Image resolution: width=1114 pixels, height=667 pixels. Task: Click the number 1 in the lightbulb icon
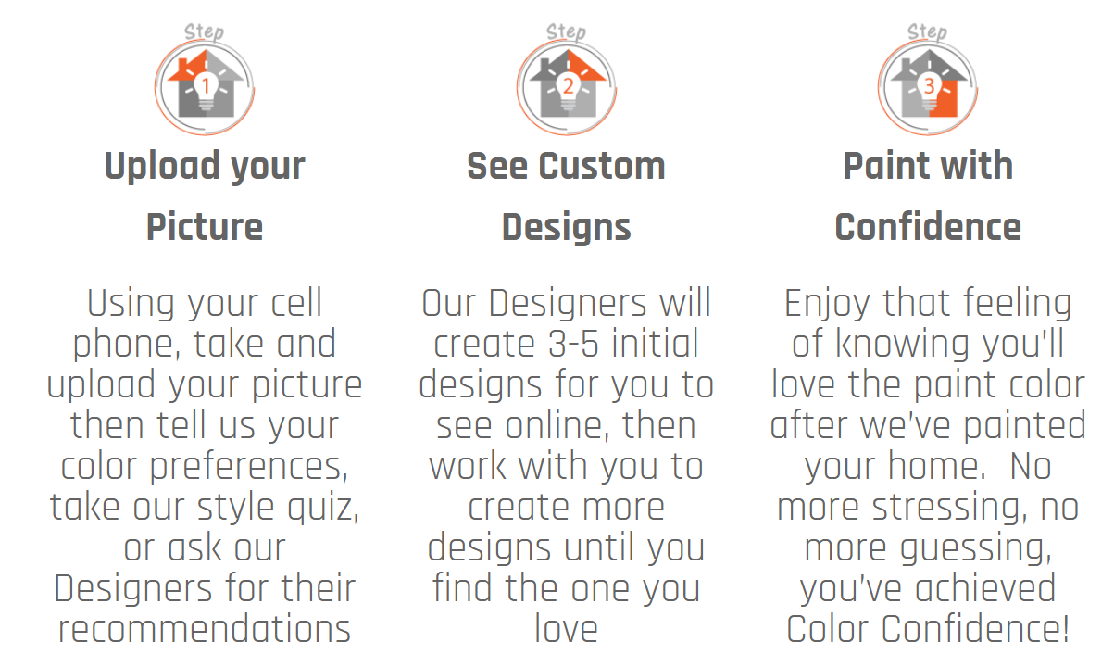coord(206,85)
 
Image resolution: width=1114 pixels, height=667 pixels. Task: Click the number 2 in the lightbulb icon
coord(568,85)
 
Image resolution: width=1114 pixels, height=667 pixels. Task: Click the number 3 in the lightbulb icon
coord(929,85)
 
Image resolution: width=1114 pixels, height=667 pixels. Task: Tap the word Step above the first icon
coord(204,32)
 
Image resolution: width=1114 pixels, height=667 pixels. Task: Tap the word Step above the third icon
coord(927,32)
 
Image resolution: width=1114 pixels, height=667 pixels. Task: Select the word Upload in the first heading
coord(162,166)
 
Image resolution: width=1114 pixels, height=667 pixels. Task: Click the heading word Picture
coord(205,227)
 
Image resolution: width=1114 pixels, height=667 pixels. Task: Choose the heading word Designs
coord(567,228)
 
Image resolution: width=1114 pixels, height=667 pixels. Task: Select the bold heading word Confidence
coord(928,227)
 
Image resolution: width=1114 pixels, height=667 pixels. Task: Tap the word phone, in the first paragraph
coord(126,345)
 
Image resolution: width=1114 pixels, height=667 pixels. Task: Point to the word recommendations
coord(205,629)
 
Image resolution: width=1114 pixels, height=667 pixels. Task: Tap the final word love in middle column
coord(566,629)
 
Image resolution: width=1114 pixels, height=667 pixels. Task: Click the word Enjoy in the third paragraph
coord(827,304)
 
